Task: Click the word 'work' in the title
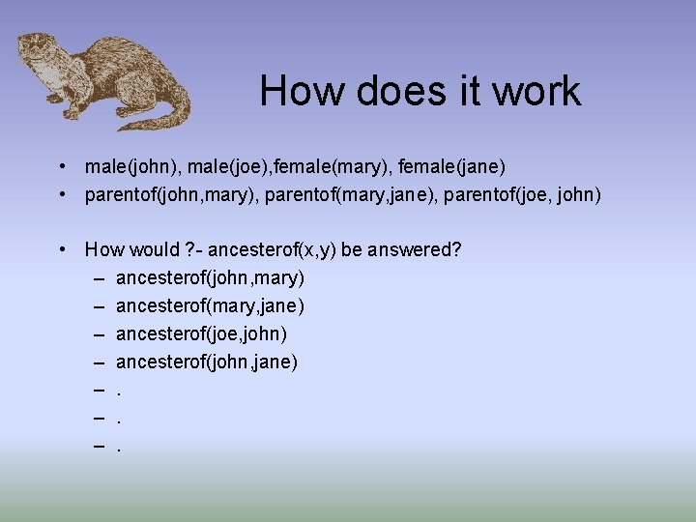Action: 536,92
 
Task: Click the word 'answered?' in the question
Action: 415,249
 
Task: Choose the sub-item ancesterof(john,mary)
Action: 210,278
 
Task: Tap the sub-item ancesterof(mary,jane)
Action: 210,306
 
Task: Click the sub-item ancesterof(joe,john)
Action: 201,334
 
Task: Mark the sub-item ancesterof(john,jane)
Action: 207,362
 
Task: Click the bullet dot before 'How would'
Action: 61,249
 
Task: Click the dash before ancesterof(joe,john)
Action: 101,334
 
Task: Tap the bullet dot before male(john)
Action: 61,166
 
